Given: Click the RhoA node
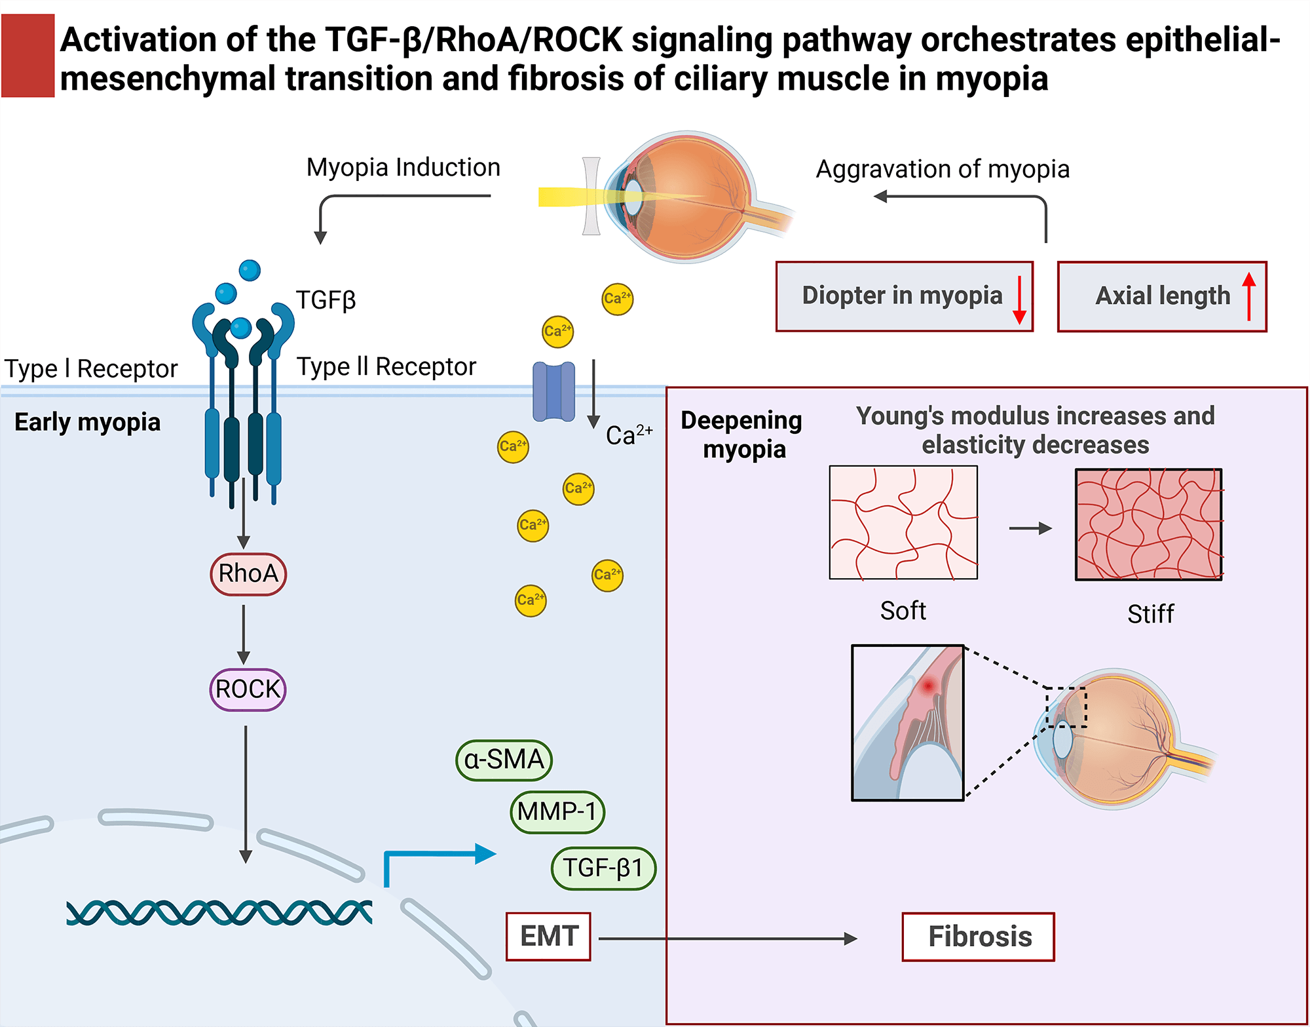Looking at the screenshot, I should (248, 574).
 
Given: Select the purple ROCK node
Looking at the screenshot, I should (248, 689).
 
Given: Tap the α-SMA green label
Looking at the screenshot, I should (504, 760).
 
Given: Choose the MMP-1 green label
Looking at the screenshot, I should (557, 812).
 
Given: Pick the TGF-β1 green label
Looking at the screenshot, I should (603, 868).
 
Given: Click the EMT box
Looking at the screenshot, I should (548, 937).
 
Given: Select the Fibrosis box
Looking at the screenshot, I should (978, 937).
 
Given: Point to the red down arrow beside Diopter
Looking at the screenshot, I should (1019, 300).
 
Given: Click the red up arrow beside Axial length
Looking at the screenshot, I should (1249, 296).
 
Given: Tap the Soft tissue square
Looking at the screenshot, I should (903, 522).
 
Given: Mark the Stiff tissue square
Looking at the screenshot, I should (1149, 524).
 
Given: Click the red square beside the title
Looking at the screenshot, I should (28, 56).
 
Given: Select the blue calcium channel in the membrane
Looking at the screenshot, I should (553, 391).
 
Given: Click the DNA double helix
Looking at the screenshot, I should (219, 912).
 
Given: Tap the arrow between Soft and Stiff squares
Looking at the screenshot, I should (1030, 528).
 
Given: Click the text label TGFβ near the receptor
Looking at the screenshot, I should (326, 300).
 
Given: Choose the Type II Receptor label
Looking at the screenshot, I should (386, 367).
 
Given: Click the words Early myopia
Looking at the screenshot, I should (87, 422).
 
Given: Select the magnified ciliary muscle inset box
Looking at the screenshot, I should (907, 722).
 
